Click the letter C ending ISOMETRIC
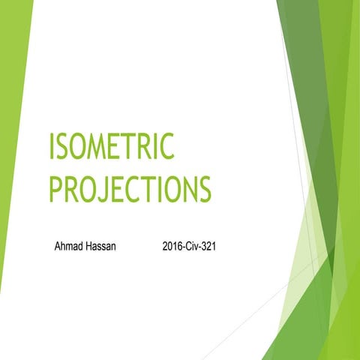[166, 145]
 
